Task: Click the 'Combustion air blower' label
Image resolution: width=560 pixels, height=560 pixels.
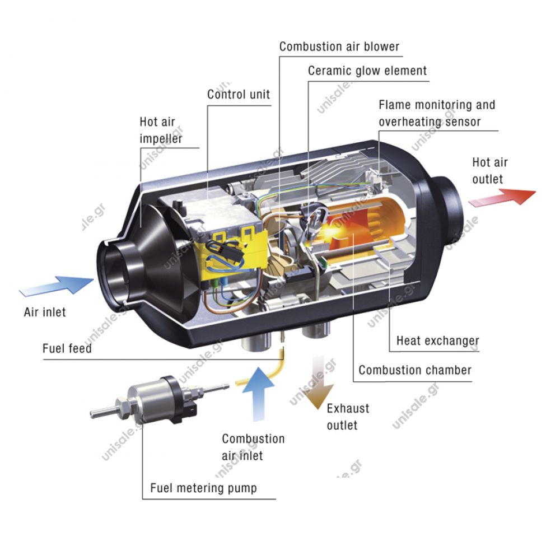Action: coord(339,46)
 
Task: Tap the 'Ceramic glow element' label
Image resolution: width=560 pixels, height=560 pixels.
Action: coord(367,71)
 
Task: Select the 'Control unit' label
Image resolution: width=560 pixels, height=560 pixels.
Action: coord(239,94)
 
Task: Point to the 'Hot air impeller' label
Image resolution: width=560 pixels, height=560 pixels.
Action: coord(161,130)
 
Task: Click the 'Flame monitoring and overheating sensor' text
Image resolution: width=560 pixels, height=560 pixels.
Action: coord(437,113)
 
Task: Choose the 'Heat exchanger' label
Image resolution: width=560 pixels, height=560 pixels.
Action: coord(437,340)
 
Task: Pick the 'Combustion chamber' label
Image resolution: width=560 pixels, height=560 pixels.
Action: coord(415,370)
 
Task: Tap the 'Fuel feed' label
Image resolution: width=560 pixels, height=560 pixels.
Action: coord(67,348)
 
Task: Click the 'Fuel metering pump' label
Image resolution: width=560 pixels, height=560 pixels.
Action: coord(203,488)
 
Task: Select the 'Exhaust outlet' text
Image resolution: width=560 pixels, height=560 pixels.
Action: coord(348,417)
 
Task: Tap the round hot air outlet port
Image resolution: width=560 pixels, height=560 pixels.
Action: coord(448,207)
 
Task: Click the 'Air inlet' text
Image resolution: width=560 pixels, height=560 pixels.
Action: coord(45,312)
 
